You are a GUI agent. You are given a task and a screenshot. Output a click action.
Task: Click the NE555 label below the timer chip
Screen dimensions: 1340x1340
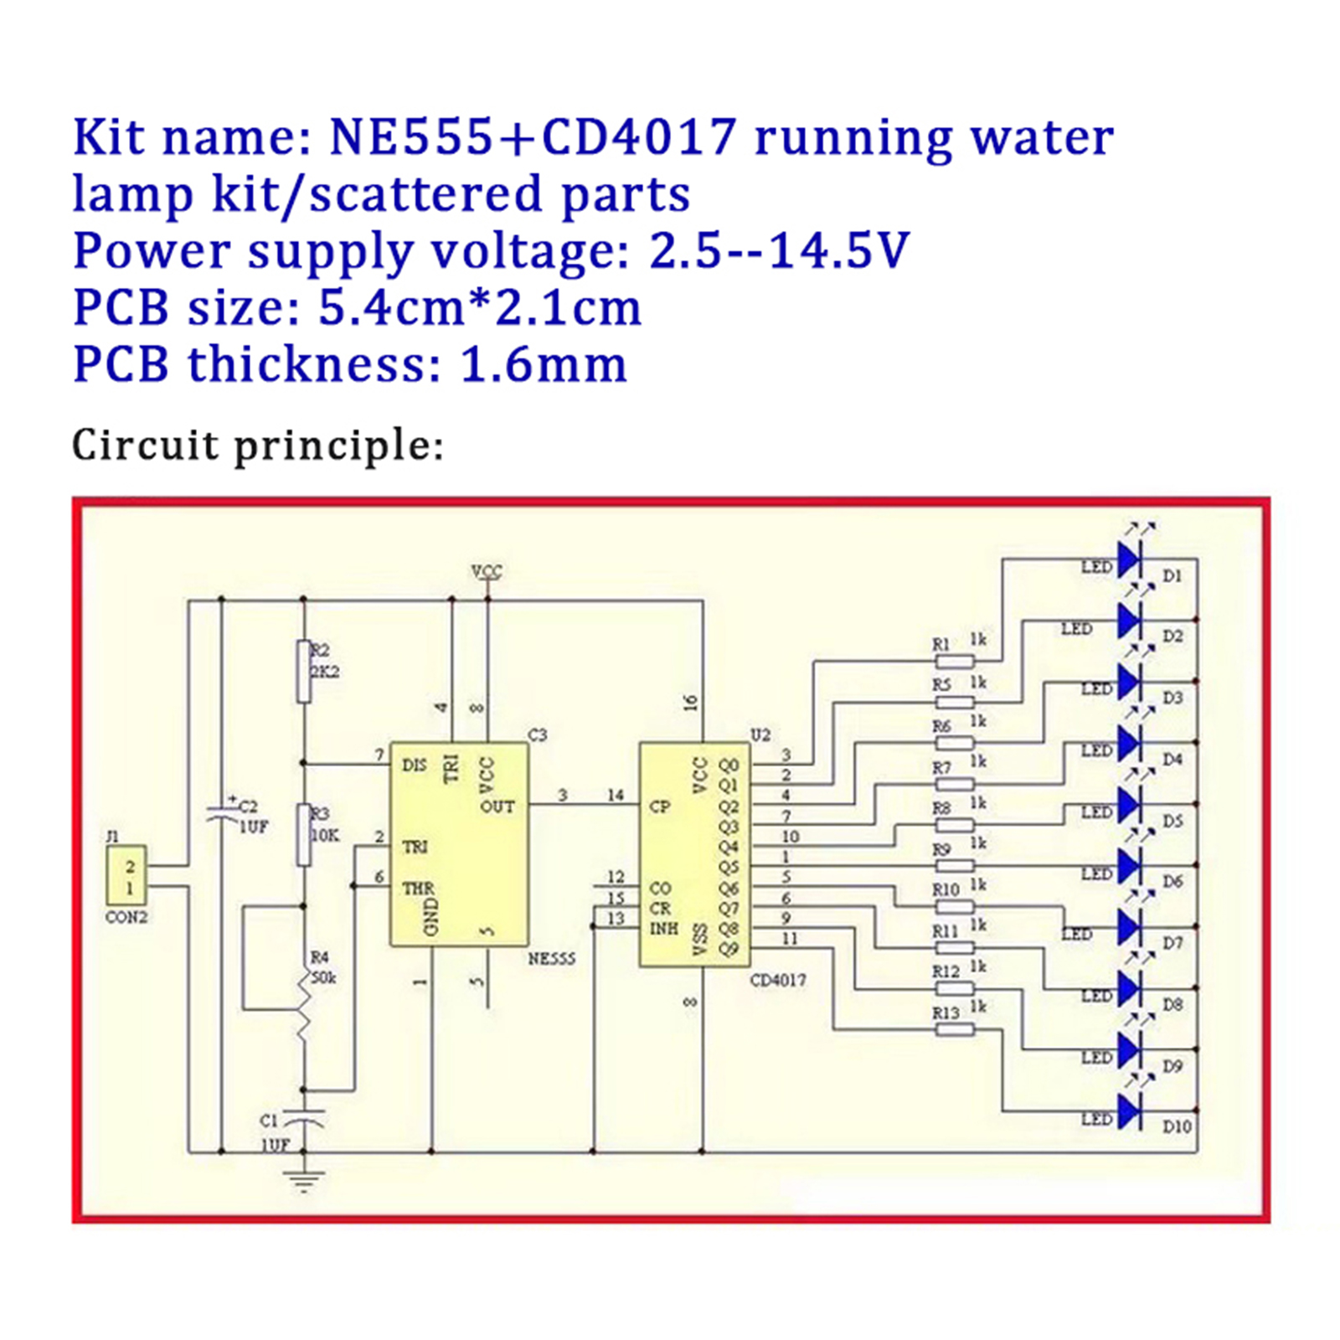pyautogui.click(x=551, y=958)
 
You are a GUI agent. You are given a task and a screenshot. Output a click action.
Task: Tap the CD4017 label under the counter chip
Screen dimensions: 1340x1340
pyautogui.click(x=777, y=980)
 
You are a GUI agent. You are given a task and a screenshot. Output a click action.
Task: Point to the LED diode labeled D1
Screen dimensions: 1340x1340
pyautogui.click(x=1129, y=559)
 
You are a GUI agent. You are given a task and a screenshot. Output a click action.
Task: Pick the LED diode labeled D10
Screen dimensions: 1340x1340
pyautogui.click(x=1129, y=1112)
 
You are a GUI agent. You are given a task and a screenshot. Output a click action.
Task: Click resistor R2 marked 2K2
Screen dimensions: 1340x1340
pyautogui.click(x=304, y=671)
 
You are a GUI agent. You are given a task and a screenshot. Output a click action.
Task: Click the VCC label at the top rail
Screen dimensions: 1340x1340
pyautogui.click(x=487, y=572)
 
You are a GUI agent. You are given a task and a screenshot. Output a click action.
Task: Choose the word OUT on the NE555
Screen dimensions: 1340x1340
pyautogui.click(x=497, y=807)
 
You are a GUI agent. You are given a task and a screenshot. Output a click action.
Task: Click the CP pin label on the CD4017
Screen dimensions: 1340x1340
pyautogui.click(x=660, y=807)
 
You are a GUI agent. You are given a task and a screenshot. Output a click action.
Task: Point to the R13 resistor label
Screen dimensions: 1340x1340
pyautogui.click(x=946, y=1013)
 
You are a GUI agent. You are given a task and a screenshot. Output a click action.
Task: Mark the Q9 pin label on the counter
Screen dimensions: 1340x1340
pyautogui.click(x=729, y=949)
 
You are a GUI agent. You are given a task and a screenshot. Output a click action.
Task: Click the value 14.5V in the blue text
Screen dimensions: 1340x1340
pyautogui.click(x=838, y=250)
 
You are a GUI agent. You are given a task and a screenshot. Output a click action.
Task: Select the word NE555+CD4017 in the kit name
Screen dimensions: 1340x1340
pyautogui.click(x=533, y=137)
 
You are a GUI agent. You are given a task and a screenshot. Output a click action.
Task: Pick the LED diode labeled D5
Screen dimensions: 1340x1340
pyautogui.click(x=1129, y=805)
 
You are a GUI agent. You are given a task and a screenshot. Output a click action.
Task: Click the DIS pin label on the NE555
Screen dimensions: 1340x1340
pyautogui.click(x=414, y=765)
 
